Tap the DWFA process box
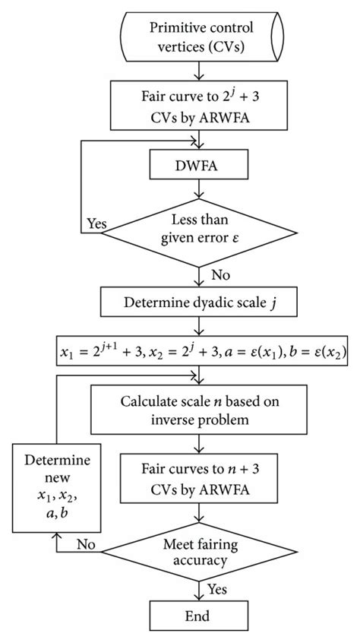(x=200, y=164)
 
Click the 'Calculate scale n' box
(x=200, y=410)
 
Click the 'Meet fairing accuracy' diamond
(x=200, y=543)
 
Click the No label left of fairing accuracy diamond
(x=87, y=545)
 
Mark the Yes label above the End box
(x=219, y=588)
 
